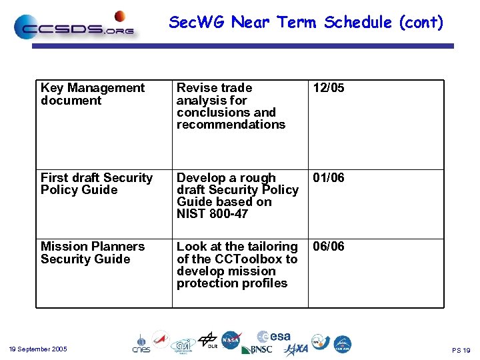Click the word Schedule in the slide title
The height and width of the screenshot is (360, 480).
pos(359,23)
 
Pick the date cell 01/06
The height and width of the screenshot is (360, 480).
pos(329,178)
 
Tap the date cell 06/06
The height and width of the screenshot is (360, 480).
pos(329,247)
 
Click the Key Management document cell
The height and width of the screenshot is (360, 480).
pos(92,94)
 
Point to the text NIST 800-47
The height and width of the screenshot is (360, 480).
pos(211,214)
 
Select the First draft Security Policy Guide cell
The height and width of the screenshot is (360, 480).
pos(96,184)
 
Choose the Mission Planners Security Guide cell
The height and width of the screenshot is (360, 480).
pos(92,253)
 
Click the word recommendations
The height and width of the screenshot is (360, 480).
pos(231,125)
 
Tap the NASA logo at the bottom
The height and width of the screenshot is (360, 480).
pos(231,340)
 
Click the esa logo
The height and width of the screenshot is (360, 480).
pos(275,337)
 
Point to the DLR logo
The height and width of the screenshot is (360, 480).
pos(208,340)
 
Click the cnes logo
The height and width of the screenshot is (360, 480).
pos(141,343)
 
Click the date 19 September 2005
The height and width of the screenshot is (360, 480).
pos(38,349)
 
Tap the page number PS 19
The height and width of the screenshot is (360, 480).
pos(461,350)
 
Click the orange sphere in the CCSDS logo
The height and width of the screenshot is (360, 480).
pos(120,16)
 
